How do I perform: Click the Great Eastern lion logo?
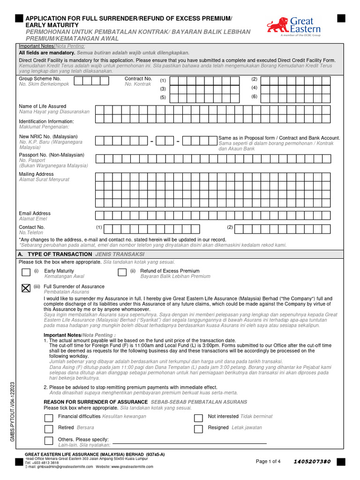coord(277,25)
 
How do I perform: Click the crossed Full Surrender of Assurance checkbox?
coord(26,289)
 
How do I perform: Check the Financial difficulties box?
coord(49,417)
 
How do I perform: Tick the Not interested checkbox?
coord(199,417)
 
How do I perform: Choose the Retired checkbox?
coord(49,429)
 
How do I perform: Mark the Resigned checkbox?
coord(199,429)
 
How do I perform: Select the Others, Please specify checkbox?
coord(49,441)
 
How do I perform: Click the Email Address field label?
coord(35,213)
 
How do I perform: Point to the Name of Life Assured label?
coord(43,106)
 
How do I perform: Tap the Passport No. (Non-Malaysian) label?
coord(52,155)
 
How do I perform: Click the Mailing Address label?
coord(36,174)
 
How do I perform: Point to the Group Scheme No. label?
coord(40,79)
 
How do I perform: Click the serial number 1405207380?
coord(312,462)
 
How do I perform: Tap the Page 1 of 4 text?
coord(268,462)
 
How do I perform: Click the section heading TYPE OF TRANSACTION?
coord(61,254)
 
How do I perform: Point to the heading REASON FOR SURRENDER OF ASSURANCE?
coord(96,402)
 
